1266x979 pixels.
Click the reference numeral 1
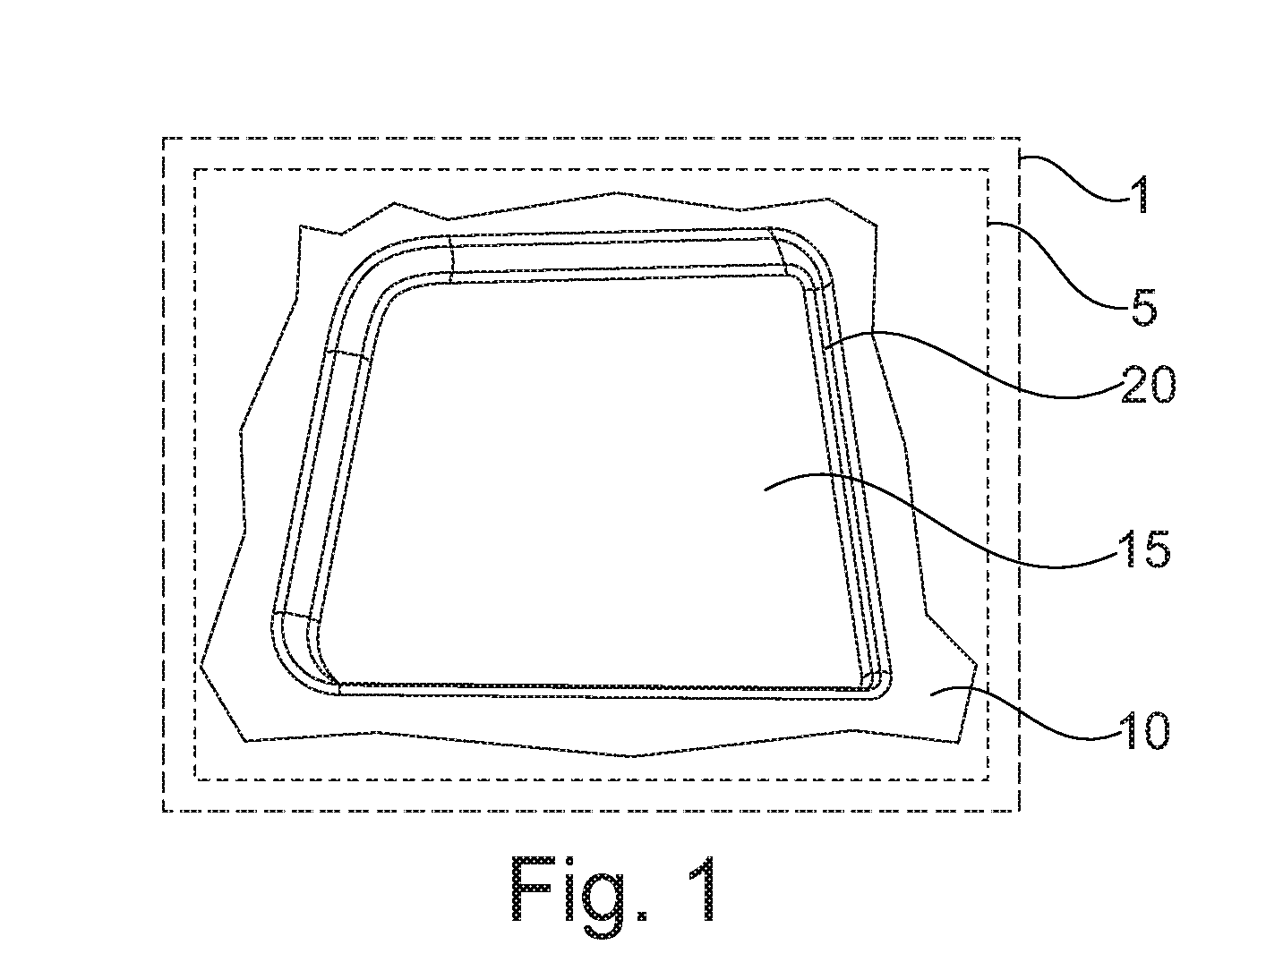click(1141, 195)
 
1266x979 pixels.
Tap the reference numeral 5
click(1143, 306)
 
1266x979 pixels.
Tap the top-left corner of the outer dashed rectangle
click(164, 139)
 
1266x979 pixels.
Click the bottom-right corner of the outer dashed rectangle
click(1019, 810)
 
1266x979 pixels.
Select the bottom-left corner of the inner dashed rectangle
click(196, 779)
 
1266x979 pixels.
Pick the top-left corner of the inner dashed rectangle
click(196, 170)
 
